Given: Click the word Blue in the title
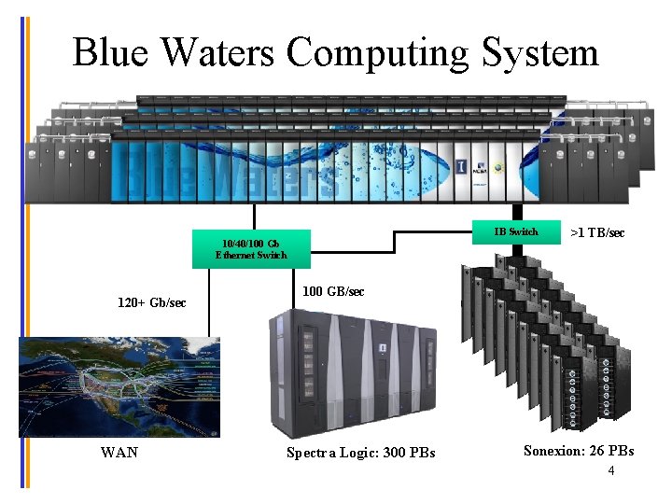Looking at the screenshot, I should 110,53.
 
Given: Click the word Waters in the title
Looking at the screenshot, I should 215,53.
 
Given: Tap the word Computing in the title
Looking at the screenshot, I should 378,53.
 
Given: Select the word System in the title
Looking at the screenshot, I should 540,53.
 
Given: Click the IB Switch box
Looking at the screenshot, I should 515,232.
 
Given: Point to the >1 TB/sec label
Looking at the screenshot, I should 597,233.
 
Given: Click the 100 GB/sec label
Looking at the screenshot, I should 334,292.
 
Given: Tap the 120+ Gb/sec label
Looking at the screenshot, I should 152,303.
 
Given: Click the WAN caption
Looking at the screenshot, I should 119,453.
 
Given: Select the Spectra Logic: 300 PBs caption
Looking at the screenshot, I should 360,454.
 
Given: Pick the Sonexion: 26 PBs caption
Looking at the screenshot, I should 579,451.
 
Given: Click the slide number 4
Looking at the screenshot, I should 610,471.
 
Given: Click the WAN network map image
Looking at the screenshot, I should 119,386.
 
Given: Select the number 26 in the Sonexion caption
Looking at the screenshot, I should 594,451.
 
